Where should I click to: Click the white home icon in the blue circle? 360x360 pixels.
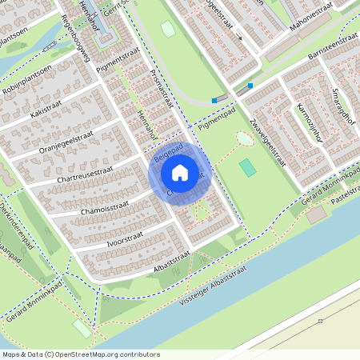(180, 172)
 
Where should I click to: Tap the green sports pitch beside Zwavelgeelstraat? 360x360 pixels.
(248, 167)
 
